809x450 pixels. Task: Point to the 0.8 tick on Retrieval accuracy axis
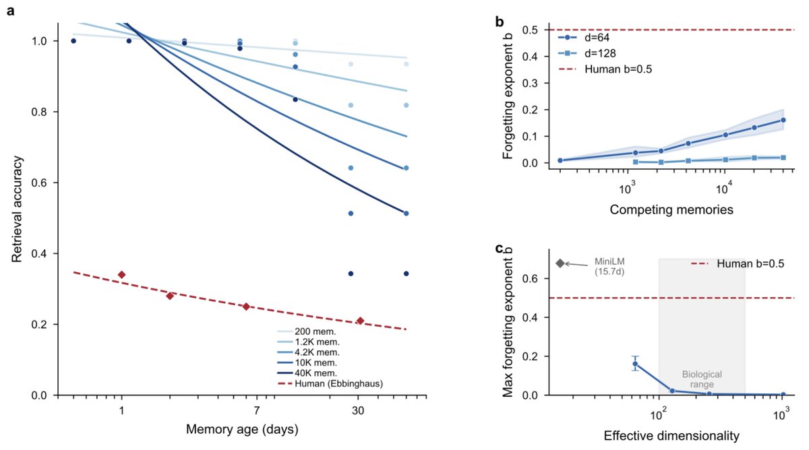(44, 112)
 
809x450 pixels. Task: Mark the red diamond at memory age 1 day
(121, 274)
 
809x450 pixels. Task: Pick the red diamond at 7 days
(246, 307)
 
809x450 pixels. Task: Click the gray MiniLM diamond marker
(560, 263)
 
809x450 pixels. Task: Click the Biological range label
(702, 379)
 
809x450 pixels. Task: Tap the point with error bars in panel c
(634, 364)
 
